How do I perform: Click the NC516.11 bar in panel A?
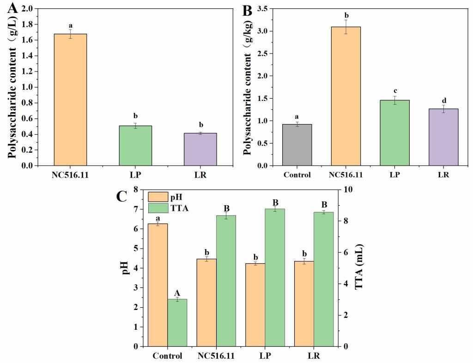pyautogui.click(x=70, y=100)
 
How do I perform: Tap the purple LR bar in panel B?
pyautogui.click(x=443, y=137)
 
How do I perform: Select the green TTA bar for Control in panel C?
pyautogui.click(x=177, y=322)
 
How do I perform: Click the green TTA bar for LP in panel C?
pyautogui.click(x=274, y=277)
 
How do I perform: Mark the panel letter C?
pyautogui.click(x=121, y=196)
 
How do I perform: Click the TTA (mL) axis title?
pyautogui.click(x=359, y=268)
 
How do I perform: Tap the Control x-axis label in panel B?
pyautogui.click(x=297, y=175)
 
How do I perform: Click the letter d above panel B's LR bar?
pyautogui.click(x=443, y=101)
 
